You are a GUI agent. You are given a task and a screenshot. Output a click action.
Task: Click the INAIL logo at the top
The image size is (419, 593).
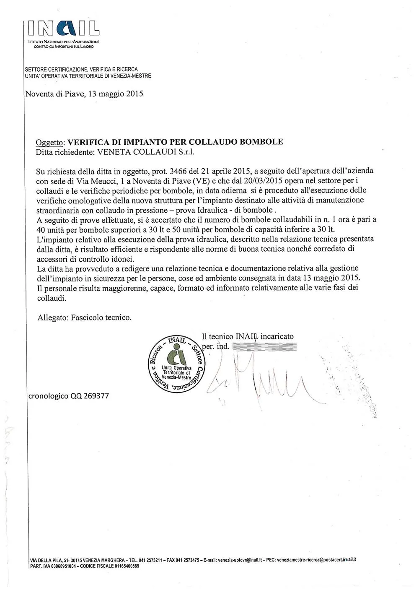(x=64, y=29)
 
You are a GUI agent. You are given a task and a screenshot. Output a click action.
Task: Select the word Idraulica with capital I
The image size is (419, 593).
(x=233, y=210)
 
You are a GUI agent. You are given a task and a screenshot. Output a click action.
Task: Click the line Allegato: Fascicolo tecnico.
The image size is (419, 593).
(x=85, y=317)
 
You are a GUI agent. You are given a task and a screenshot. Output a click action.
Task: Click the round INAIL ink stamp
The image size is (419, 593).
(x=176, y=364)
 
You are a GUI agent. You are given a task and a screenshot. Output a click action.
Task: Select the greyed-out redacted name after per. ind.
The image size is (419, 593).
(x=264, y=347)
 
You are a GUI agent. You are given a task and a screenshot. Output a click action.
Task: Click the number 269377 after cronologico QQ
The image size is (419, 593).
(x=96, y=395)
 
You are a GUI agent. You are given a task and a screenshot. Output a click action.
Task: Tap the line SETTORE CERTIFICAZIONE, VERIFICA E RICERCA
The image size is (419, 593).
(x=81, y=69)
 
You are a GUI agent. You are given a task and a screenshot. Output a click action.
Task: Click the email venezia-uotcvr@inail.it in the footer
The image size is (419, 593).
(x=240, y=560)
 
